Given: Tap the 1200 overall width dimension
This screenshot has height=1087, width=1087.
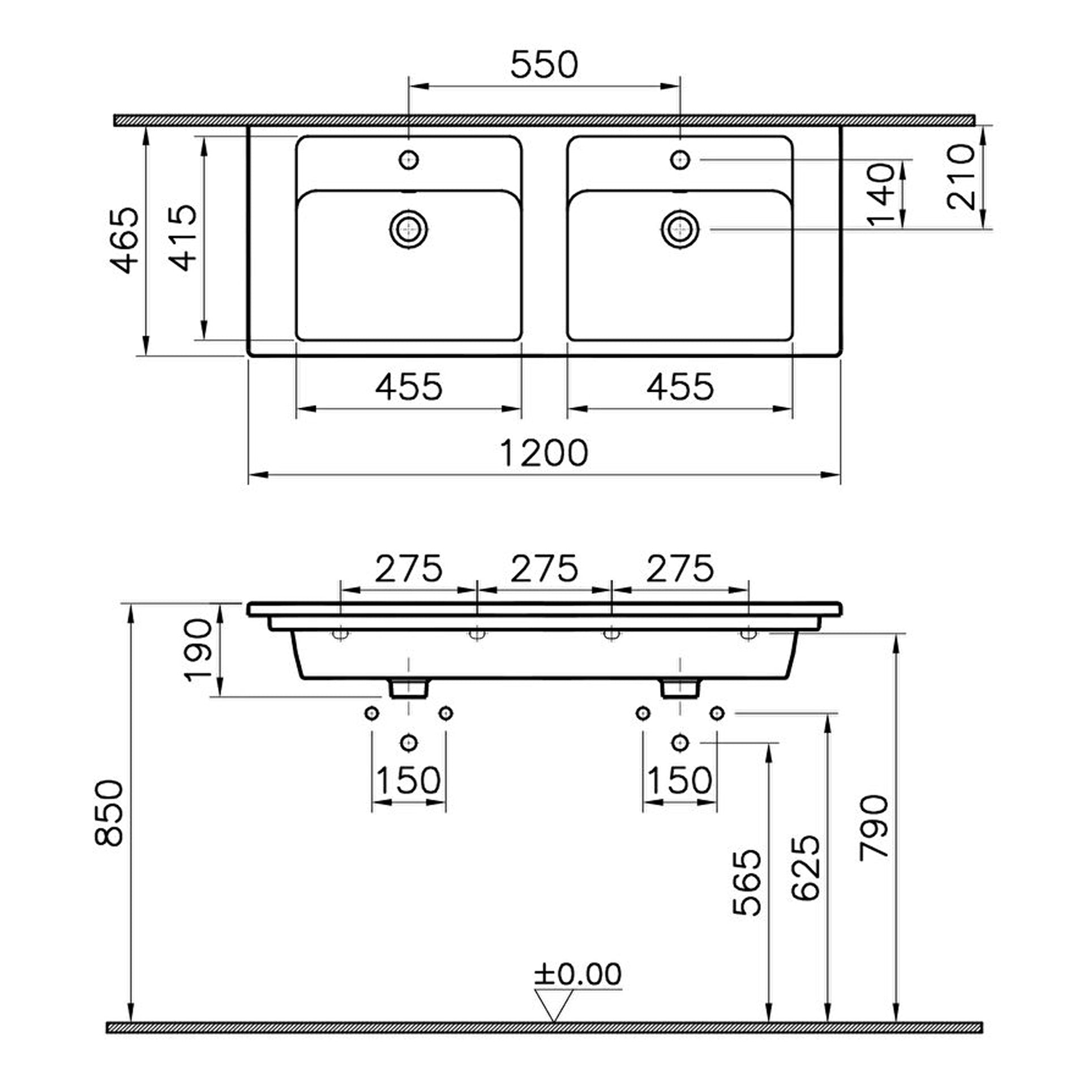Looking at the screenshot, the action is coord(544,453).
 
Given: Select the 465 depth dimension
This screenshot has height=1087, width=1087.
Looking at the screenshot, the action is coord(125,241).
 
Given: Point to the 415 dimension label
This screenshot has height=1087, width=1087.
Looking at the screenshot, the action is coord(183,238).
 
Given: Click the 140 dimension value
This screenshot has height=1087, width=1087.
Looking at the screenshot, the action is coord(882,195).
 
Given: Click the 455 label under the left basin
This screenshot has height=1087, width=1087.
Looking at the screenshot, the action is coord(409,387).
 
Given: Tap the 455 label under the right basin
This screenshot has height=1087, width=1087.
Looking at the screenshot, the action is coord(680,387).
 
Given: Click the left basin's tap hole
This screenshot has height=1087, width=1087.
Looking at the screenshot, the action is coord(409,160).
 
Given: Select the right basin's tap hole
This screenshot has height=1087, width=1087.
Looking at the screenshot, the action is coord(680,160).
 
